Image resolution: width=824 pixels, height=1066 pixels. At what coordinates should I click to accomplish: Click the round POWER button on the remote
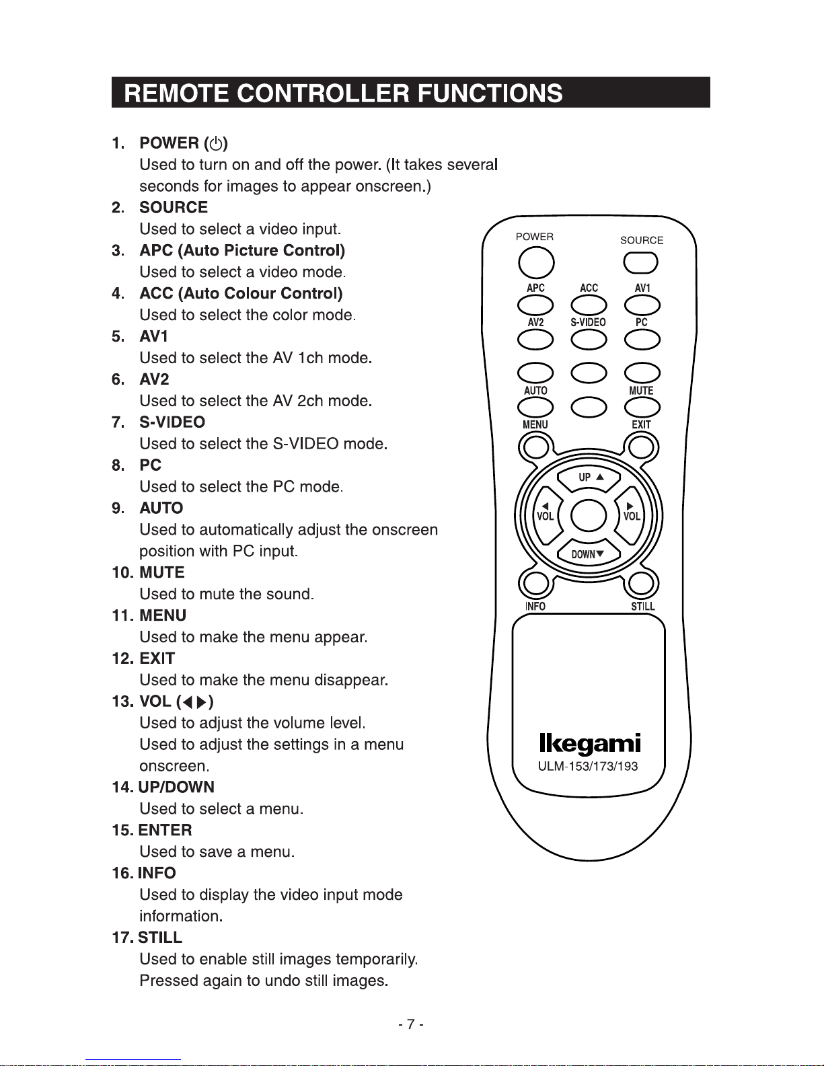pyautogui.click(x=536, y=262)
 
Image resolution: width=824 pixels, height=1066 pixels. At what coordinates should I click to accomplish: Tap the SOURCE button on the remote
pyautogui.click(x=640, y=262)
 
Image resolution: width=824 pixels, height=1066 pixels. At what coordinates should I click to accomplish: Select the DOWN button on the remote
pyautogui.click(x=588, y=553)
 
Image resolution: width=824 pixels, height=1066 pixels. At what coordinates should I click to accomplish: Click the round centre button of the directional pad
pyautogui.click(x=589, y=516)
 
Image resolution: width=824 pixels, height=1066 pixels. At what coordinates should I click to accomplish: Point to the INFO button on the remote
pyautogui.click(x=535, y=583)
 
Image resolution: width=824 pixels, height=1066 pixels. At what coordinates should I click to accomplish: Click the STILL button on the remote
pyautogui.click(x=642, y=583)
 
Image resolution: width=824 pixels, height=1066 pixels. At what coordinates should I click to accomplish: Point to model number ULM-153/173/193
pyautogui.click(x=588, y=766)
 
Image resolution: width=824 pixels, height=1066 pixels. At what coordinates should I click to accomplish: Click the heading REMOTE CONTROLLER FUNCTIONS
pyautogui.click(x=344, y=93)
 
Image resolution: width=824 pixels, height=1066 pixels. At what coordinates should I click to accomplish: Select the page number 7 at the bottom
pyautogui.click(x=410, y=1024)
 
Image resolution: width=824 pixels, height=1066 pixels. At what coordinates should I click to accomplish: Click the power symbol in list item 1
pyautogui.click(x=215, y=143)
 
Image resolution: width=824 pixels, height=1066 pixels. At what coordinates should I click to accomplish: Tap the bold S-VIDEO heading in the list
pyautogui.click(x=172, y=422)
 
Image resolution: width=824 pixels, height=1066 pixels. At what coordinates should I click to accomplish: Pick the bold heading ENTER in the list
pyautogui.click(x=165, y=830)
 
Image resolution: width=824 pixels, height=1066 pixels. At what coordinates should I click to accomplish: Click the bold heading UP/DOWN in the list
pyautogui.click(x=176, y=787)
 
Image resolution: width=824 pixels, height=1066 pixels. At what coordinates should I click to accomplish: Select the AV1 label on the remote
pyautogui.click(x=642, y=288)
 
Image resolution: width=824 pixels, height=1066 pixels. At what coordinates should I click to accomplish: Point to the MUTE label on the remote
pyautogui.click(x=641, y=391)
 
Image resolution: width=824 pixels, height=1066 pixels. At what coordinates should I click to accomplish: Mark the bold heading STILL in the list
pyautogui.click(x=160, y=938)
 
